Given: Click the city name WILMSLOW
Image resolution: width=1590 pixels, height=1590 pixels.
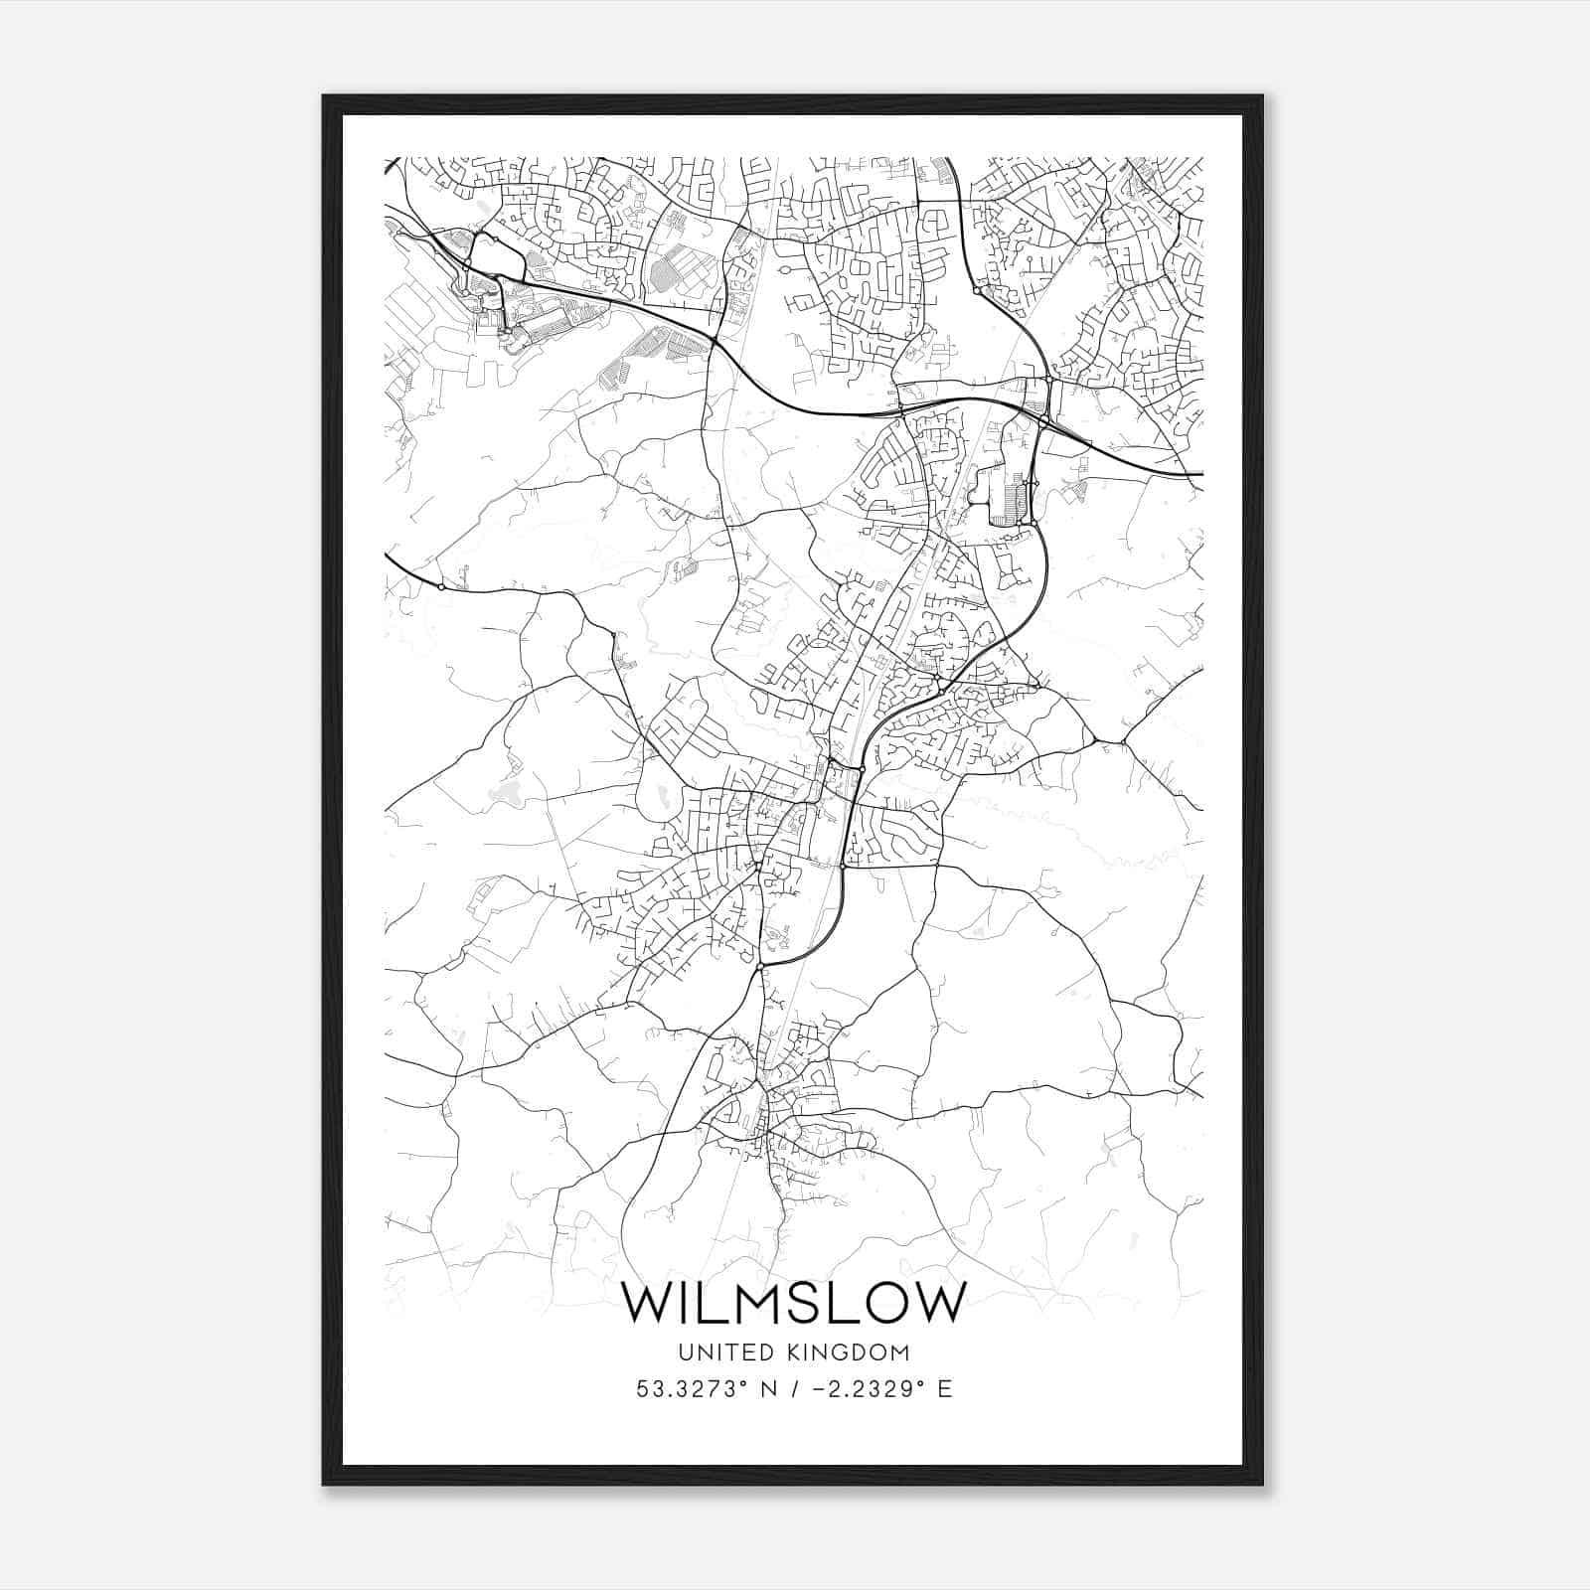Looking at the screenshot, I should (793, 1303).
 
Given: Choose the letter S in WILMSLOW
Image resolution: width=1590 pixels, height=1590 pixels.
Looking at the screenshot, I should (796, 1303).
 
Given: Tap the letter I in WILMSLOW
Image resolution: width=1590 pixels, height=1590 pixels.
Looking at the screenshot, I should (680, 1303).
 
